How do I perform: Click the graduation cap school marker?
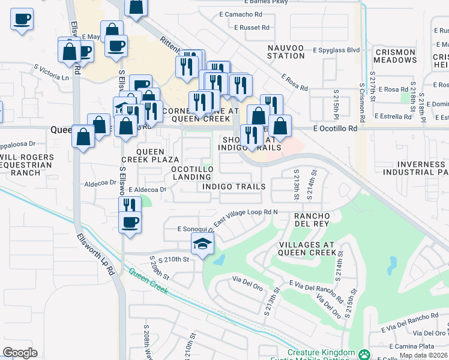click(x=203, y=244)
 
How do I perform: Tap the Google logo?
click(x=20, y=353)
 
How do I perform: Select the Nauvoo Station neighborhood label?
click(x=286, y=52)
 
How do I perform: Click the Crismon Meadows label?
click(x=395, y=56)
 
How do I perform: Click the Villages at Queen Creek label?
click(x=307, y=248)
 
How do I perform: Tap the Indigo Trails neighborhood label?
click(x=234, y=187)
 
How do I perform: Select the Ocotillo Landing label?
click(x=192, y=173)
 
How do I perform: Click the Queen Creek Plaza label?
click(x=150, y=155)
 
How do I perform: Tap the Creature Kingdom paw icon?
click(x=364, y=354)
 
